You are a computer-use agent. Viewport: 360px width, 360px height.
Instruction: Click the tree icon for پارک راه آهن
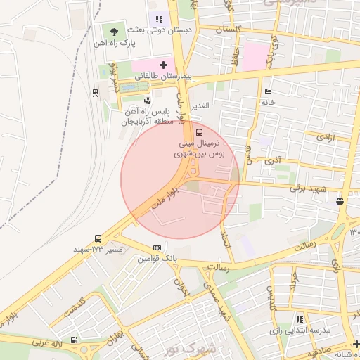click(x=115, y=31)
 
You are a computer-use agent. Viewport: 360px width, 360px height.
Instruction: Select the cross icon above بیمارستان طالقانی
click(x=162, y=65)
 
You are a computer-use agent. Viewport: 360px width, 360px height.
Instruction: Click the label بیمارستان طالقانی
click(x=163, y=76)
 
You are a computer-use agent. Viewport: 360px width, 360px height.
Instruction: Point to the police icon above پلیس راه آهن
click(x=146, y=100)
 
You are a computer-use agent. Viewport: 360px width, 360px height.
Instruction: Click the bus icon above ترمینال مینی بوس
click(x=200, y=131)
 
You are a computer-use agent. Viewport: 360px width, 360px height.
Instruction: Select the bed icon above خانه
click(x=267, y=92)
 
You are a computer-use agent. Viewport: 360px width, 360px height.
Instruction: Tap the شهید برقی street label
click(x=312, y=188)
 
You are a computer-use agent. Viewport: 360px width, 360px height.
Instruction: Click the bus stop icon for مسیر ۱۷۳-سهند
click(x=97, y=238)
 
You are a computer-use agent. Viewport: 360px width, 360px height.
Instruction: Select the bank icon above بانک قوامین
click(x=156, y=248)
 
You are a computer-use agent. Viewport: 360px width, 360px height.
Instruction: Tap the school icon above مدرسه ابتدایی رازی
click(x=300, y=319)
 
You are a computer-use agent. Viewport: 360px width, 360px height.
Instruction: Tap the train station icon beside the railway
click(x=95, y=92)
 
